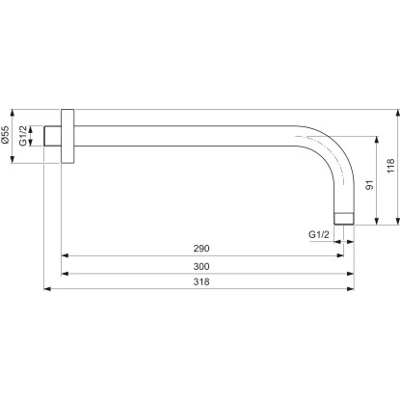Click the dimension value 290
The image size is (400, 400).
(200, 249)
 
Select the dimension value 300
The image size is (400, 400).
(200, 265)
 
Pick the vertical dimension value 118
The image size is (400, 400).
(390, 167)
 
